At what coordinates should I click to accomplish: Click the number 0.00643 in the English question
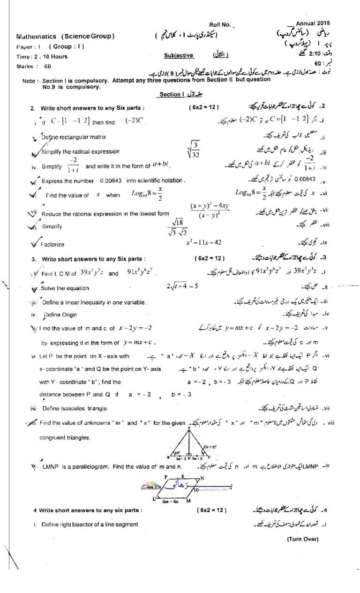pyautogui.click(x=111, y=180)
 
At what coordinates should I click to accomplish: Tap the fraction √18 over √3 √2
pyautogui.click(x=177, y=227)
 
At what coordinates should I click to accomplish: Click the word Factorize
pyautogui.click(x=52, y=244)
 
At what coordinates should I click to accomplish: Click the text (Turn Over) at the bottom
pyautogui.click(x=303, y=539)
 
